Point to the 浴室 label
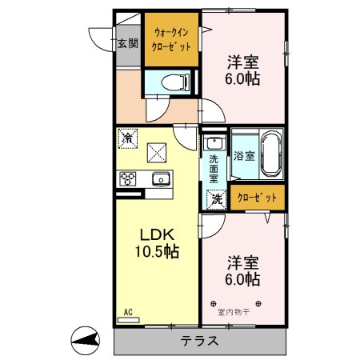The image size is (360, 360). pyautogui.click(x=244, y=156)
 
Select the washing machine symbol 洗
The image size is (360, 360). pyautogui.click(x=215, y=199)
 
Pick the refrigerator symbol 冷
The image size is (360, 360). pyautogui.click(x=127, y=138)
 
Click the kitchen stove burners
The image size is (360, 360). pyautogui.click(x=128, y=178)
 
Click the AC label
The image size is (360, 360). pyautogui.click(x=127, y=312)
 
